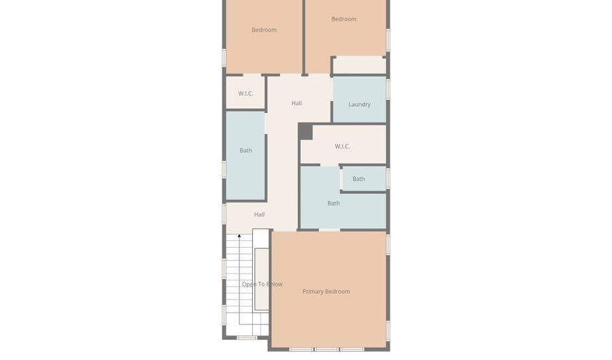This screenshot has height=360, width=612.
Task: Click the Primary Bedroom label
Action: (326, 292)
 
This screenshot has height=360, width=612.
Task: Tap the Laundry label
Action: (359, 105)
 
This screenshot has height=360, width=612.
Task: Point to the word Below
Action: (273, 284)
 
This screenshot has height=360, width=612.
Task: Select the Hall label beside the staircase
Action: (259, 215)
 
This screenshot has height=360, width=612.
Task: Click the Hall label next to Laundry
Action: (296, 103)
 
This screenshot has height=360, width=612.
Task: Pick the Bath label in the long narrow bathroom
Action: (245, 150)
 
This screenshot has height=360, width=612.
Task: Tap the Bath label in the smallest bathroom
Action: (358, 180)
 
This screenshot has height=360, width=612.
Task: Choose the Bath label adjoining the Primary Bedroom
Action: (333, 203)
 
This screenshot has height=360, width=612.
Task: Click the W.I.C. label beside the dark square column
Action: (342, 147)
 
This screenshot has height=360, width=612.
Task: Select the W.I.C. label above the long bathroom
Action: (245, 94)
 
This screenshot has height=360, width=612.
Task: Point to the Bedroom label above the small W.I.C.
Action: (264, 30)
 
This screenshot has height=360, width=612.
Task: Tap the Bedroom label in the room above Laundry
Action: (343, 19)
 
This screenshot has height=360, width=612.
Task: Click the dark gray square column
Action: (306, 131)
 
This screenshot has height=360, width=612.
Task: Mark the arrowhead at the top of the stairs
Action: (239, 236)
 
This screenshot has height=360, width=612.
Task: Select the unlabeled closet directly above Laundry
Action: (359, 65)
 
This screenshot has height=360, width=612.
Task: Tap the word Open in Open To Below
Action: (248, 284)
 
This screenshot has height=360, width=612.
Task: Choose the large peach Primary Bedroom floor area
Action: (328, 320)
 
